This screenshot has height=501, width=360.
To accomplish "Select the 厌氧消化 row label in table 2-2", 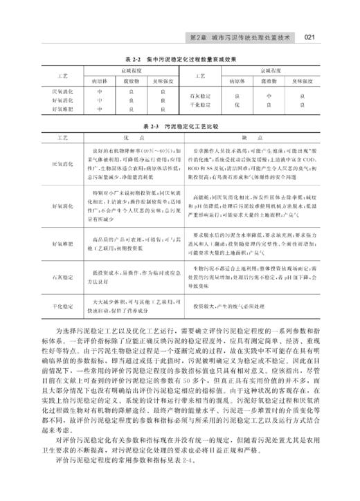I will pyautogui.click(x=64, y=91).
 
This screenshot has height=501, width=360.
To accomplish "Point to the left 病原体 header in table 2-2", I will pyautogui.click(x=100, y=80).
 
